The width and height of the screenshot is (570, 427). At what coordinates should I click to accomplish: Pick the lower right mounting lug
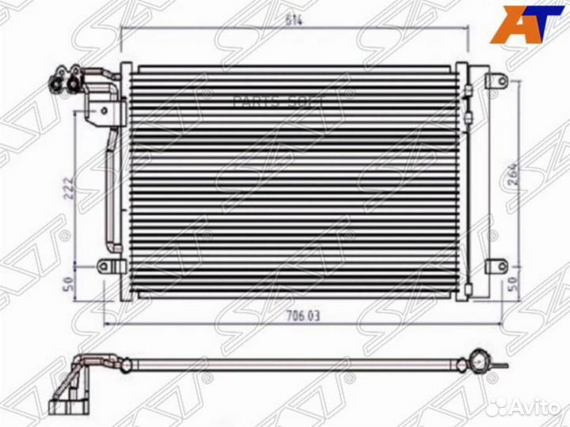point(497,266)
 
